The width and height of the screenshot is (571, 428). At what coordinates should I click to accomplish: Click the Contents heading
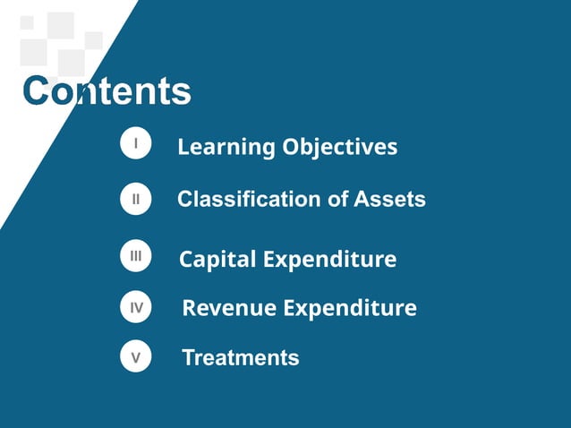point(107,91)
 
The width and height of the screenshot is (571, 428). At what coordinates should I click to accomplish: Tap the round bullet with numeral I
point(135,144)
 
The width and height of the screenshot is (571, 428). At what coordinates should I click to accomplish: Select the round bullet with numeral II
point(135,200)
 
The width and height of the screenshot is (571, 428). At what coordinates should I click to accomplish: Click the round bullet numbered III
point(135,257)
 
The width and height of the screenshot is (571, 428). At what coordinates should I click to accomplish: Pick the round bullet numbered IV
point(135,308)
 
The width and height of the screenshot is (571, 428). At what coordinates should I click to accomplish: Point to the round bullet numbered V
point(135,358)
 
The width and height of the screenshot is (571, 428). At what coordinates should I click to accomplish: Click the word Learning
point(226,147)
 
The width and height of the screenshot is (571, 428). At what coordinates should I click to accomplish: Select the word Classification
point(246,199)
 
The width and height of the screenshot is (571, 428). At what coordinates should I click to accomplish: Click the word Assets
point(390,199)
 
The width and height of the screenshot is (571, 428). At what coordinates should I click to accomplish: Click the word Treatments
point(241,358)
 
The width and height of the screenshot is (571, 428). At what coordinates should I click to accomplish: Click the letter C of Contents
point(37,91)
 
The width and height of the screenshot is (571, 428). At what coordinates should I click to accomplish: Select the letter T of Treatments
point(189,358)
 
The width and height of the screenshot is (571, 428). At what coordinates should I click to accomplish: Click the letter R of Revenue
point(190,308)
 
